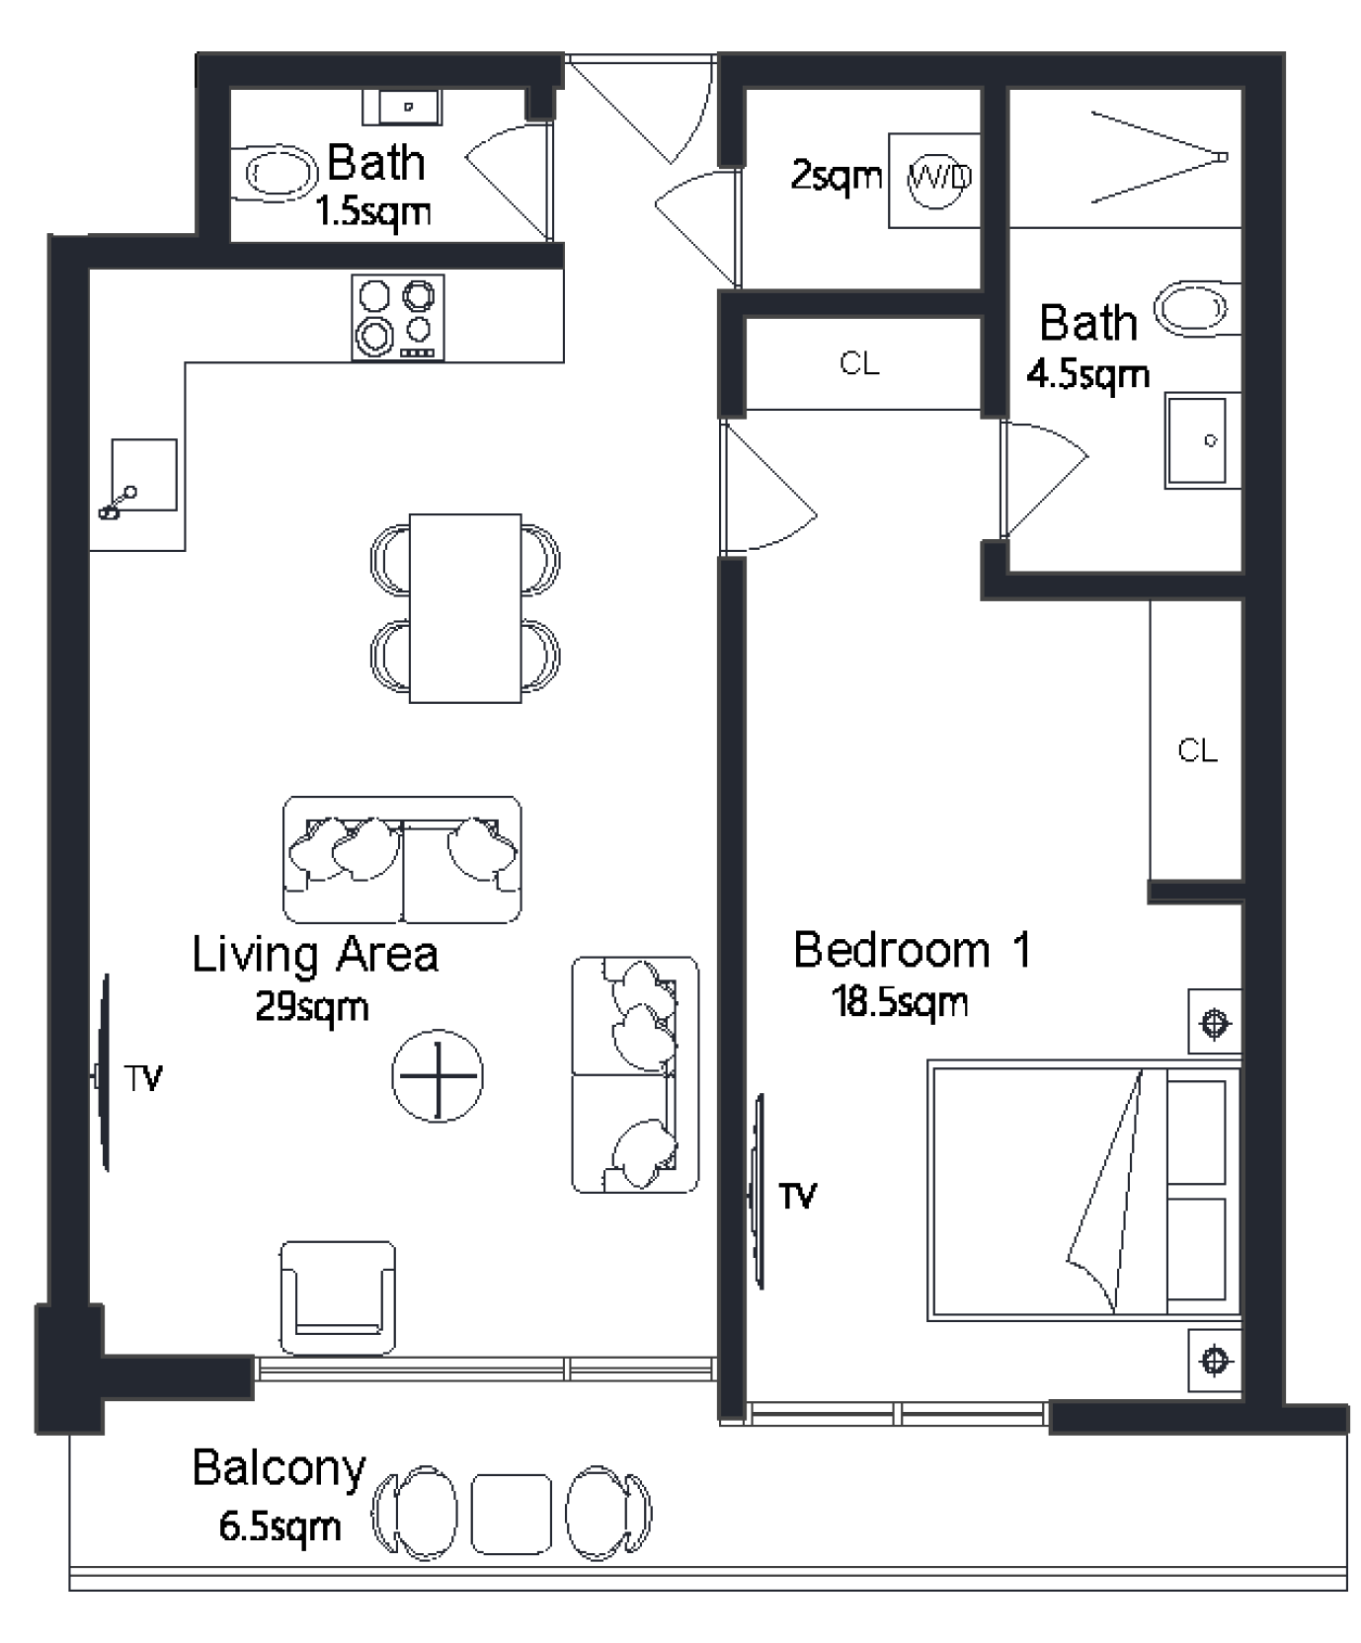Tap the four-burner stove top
pos(398,317)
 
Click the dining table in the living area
pos(464,607)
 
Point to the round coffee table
pos(437,1075)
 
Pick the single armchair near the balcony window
pos(338,1297)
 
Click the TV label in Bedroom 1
pos(798,1197)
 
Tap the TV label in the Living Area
pos(143,1078)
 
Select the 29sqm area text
pos(312,1007)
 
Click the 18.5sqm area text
pos(900,1002)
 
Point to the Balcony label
pos(280,1468)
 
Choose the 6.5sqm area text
pos(280,1526)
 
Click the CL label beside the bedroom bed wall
pos(1197,750)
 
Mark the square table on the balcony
pos(511,1514)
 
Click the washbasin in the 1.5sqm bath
pos(402,107)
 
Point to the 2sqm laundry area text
pos(837,177)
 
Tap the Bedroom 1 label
pos(913,950)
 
